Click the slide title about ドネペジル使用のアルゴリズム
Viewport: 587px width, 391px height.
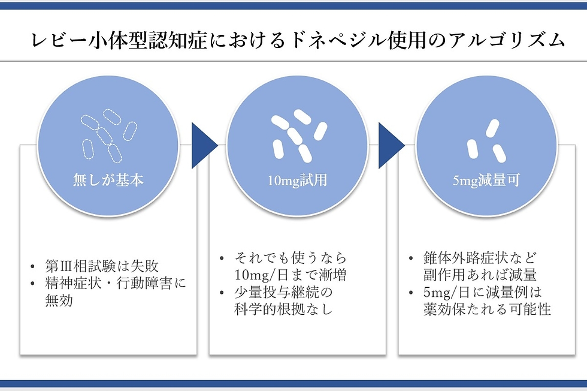pyautogui.click(x=297, y=40)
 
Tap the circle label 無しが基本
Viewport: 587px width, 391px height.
pyautogui.click(x=108, y=179)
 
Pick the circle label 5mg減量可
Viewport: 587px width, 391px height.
pyautogui.click(x=486, y=179)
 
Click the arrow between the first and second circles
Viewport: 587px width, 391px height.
pyautogui.click(x=203, y=146)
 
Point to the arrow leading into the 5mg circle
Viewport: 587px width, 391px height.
pyautogui.click(x=391, y=146)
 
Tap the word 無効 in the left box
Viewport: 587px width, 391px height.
pyautogui.click(x=59, y=301)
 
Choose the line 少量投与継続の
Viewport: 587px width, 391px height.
pyautogui.click(x=284, y=293)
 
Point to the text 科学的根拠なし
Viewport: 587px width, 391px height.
pyautogui.click(x=284, y=310)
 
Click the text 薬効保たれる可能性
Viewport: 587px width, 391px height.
pyautogui.click(x=487, y=310)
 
